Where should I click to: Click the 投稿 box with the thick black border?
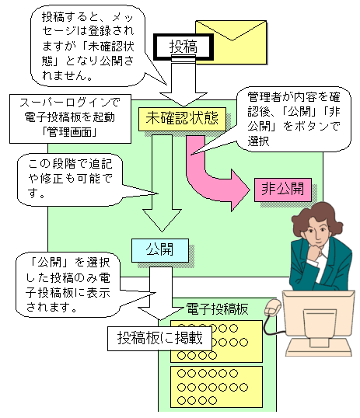pos(183,47)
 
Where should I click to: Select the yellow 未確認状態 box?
pos(182,119)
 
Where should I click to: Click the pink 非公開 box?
pos(283,190)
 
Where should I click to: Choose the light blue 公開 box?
pos(160,250)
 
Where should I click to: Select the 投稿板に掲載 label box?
pos(159,338)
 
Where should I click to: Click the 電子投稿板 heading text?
pos(217,309)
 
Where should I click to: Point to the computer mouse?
pos(273,308)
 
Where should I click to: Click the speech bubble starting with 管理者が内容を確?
pos(293,119)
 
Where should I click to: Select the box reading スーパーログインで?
pos(70,119)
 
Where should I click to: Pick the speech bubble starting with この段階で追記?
pos(70,179)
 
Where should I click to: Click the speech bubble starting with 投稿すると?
pos(88,46)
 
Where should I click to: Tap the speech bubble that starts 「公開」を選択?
pos(68,284)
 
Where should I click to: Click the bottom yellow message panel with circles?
pos(216,387)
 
